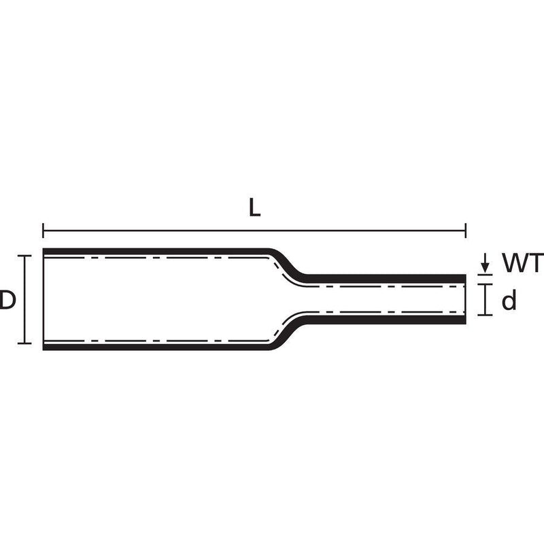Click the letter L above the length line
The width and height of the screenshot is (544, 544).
pos(254,208)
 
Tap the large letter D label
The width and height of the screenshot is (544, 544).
pos(7,300)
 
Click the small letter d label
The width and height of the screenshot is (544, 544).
pos(509,301)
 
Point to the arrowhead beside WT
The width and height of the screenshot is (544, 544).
pos(485,268)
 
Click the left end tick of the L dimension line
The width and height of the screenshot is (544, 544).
pos(43,231)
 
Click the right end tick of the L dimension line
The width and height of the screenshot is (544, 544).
pos(466,231)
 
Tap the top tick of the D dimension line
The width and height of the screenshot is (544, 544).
pos(24,256)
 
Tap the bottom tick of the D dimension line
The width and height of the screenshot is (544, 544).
pos(24,343)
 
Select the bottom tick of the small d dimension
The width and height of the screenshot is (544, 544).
pos(485,315)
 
